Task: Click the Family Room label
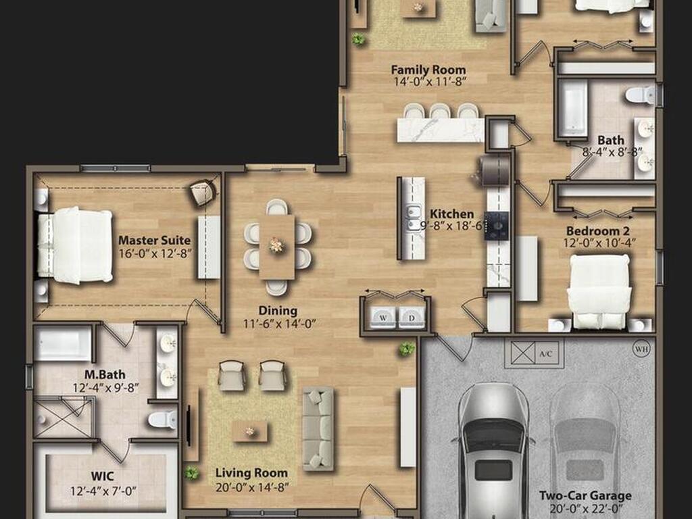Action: [x=428, y=70]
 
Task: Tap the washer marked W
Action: [x=383, y=318]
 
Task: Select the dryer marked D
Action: [x=412, y=318]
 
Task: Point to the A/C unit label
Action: [x=546, y=354]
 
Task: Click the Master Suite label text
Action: [x=155, y=241]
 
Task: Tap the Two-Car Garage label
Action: [x=585, y=495]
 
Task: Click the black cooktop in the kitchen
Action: [x=497, y=226]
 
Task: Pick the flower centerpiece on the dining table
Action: [x=276, y=245]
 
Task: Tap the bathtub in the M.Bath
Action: [x=63, y=344]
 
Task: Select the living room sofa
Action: [x=318, y=428]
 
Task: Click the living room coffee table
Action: [x=250, y=431]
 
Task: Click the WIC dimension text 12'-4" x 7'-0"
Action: [x=103, y=491]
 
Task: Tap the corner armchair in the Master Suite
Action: [x=203, y=193]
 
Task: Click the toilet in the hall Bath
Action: [x=640, y=95]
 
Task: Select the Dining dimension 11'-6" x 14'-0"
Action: [x=279, y=324]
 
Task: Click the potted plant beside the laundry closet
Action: [x=406, y=349]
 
